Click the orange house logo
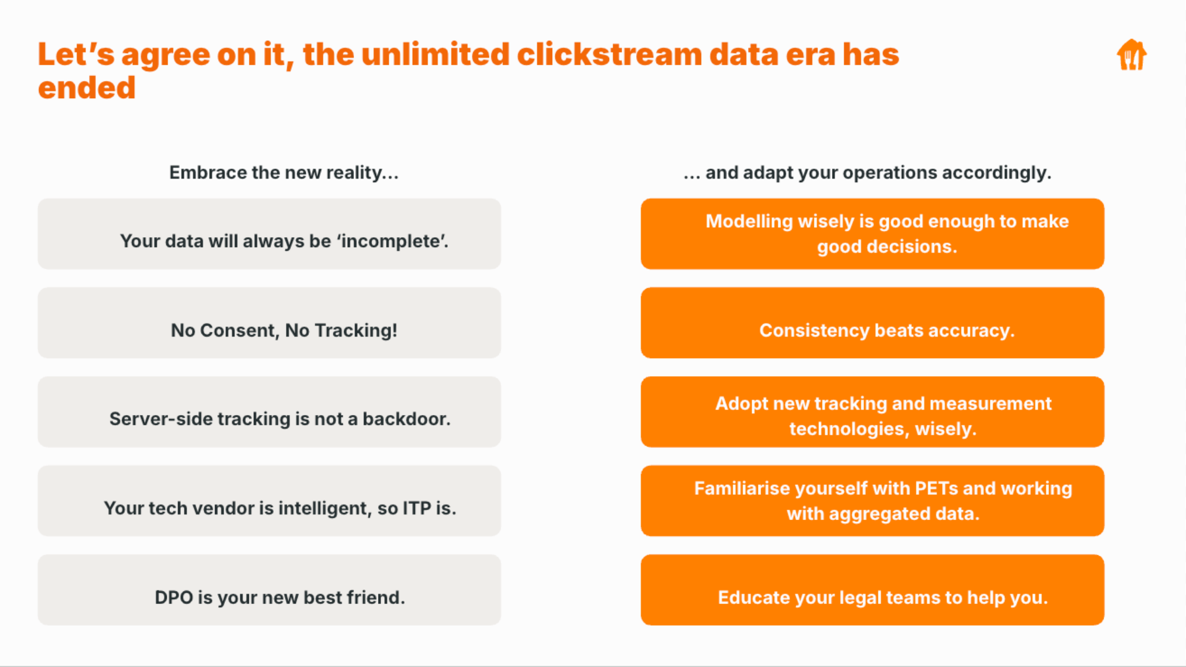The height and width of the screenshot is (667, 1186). [1132, 55]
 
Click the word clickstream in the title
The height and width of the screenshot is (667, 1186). [609, 54]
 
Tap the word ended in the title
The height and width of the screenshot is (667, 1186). [86, 88]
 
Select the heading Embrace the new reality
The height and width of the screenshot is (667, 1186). [284, 172]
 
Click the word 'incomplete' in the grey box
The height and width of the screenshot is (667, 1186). [392, 241]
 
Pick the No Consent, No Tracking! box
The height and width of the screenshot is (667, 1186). [269, 323]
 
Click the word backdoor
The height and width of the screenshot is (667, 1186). [406, 419]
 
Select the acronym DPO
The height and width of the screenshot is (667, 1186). [174, 598]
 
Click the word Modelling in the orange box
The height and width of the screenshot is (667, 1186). [749, 222]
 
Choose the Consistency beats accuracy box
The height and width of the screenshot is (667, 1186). [872, 323]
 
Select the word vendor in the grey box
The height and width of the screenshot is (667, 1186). [223, 508]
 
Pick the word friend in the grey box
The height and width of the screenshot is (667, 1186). [376, 598]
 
